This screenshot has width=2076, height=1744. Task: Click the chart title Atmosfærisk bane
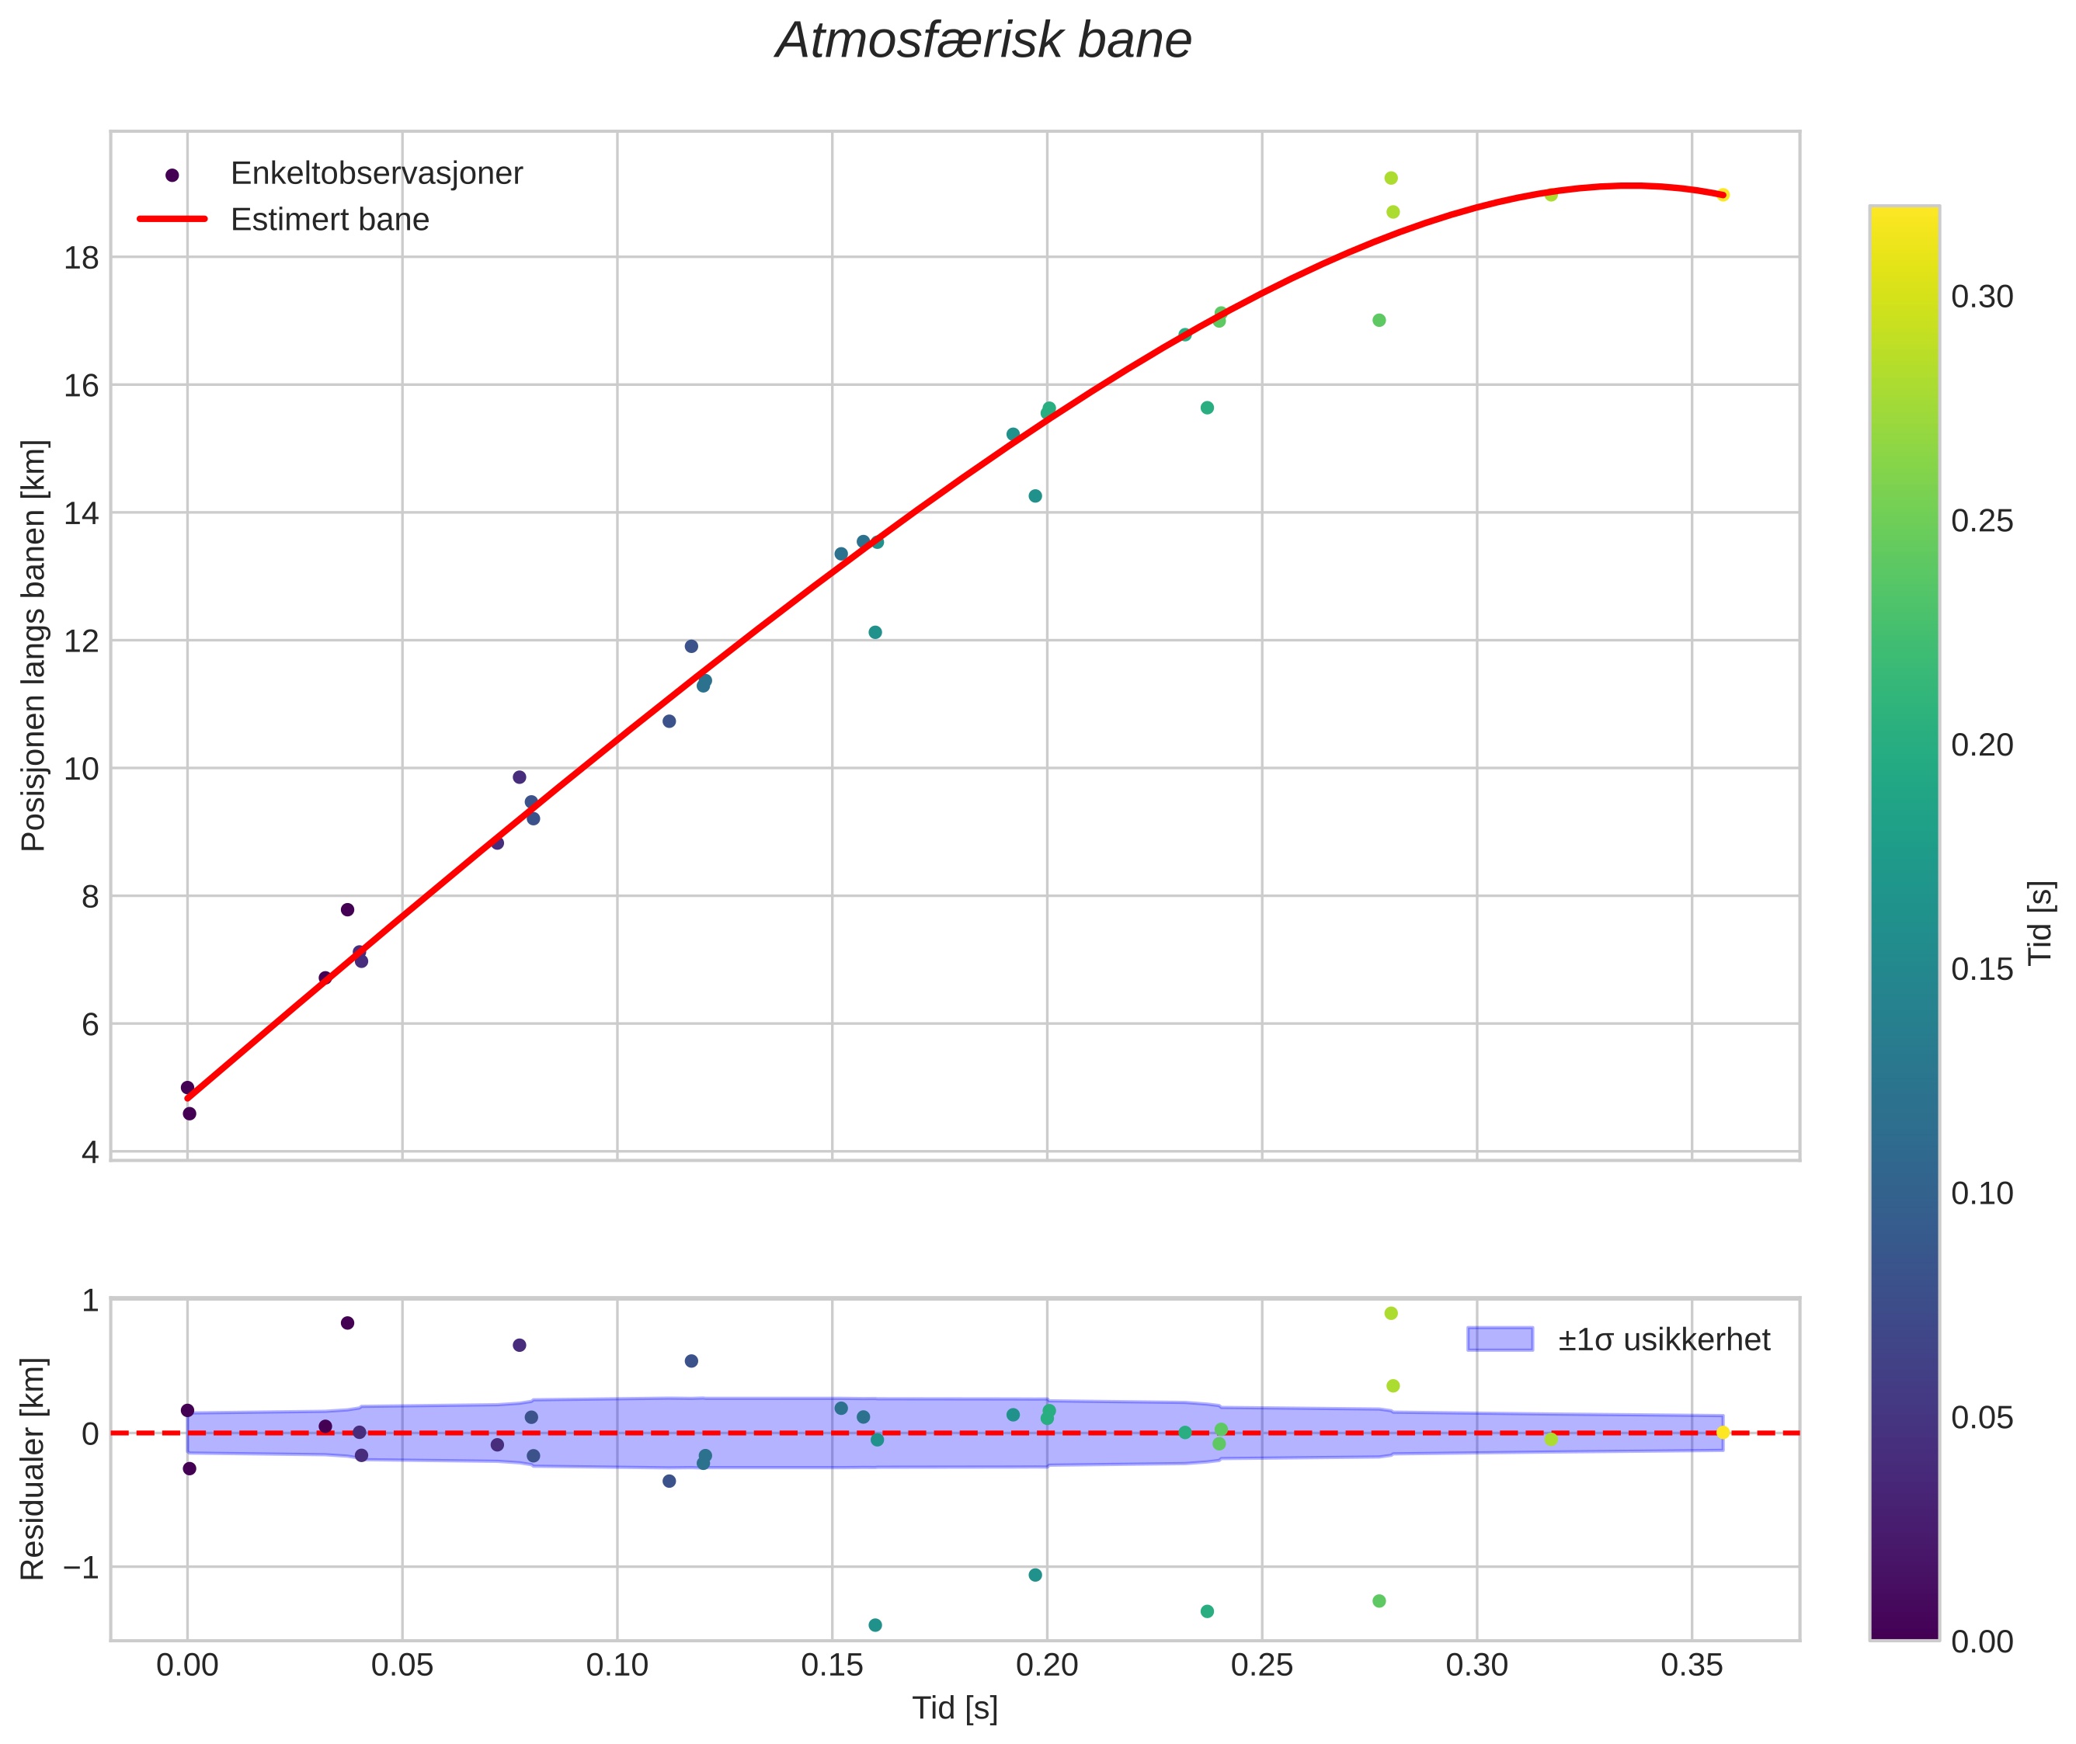point(983,41)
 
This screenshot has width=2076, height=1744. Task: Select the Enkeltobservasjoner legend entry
point(376,174)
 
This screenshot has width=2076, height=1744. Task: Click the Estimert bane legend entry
point(329,220)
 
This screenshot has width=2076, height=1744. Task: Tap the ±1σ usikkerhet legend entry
point(1664,1339)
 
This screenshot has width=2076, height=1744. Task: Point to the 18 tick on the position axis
point(81,258)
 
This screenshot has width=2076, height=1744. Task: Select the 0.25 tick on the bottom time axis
point(1262,1666)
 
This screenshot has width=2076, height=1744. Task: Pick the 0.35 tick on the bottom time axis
point(1692,1666)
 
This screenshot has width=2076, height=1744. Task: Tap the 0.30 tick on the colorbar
point(1982,297)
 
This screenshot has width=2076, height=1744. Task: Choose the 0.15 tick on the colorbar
point(1982,970)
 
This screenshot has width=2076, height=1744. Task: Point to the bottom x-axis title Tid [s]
point(955,1708)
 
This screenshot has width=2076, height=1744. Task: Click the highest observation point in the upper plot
point(1390,178)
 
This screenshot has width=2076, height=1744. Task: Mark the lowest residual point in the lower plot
point(875,1625)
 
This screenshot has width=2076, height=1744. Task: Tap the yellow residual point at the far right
point(1723,1433)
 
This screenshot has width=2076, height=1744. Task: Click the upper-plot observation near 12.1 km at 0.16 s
point(875,633)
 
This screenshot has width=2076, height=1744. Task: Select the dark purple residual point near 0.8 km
point(347,1323)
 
